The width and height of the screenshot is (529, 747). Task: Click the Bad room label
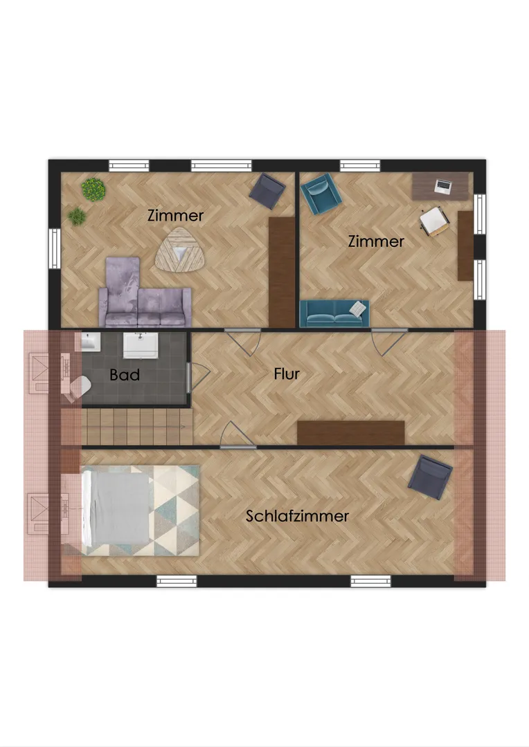(125, 375)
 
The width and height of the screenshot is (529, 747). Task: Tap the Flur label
(287, 374)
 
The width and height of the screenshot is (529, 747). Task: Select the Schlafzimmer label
(297, 516)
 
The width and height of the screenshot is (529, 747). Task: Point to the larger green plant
(93, 189)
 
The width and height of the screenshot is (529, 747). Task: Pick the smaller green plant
(77, 216)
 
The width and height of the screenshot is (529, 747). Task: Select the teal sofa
(334, 313)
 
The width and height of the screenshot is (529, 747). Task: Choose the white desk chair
(434, 221)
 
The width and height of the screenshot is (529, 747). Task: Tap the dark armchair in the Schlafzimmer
(430, 477)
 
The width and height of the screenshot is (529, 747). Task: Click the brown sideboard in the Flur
(350, 433)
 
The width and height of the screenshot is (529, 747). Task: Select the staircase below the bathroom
(137, 427)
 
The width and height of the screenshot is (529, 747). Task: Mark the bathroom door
(198, 378)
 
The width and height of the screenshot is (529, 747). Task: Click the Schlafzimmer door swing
(237, 434)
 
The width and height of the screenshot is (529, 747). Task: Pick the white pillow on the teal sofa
(358, 308)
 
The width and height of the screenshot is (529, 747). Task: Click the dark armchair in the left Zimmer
(267, 191)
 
